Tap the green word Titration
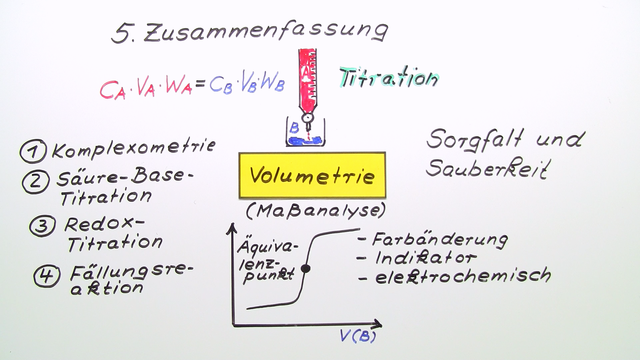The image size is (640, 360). [388, 77]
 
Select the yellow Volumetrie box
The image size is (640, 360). [311, 177]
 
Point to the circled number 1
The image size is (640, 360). [33, 151]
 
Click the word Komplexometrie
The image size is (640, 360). [133, 150]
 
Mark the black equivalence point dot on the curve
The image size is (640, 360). [306, 269]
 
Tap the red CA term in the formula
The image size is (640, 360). [112, 89]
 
